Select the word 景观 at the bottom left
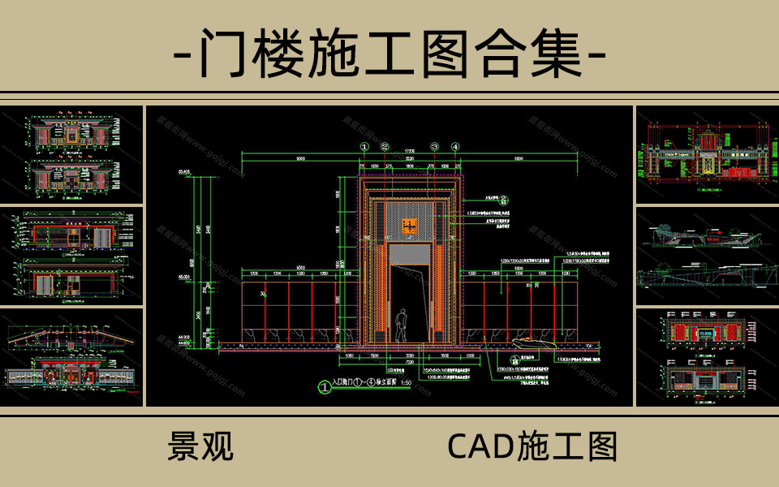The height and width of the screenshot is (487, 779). pos(200,446)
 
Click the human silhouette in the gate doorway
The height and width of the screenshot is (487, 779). pos(400,325)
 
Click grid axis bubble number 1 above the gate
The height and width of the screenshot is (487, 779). pos(364,147)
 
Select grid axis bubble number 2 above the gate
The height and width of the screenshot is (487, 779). pos(385,147)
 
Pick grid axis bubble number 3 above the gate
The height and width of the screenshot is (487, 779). pos(435,147)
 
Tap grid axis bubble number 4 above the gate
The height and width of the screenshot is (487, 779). pos(456,147)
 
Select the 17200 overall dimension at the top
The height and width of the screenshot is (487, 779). pos(410,151)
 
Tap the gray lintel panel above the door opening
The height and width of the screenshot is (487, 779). pos(411,254)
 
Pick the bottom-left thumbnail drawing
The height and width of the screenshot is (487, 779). pos(72,356)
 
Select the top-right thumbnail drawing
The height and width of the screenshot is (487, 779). pos(705,154)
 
